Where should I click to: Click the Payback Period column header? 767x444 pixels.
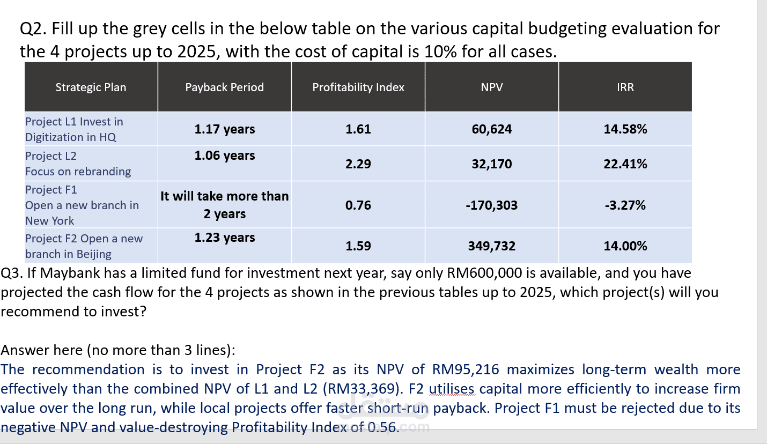click(x=224, y=87)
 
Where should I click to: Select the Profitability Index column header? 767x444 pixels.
click(x=358, y=87)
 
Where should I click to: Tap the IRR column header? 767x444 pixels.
click(x=625, y=87)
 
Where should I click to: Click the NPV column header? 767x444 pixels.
click(x=492, y=87)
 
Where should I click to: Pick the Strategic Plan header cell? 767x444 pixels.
click(x=91, y=87)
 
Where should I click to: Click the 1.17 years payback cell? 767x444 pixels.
click(x=225, y=129)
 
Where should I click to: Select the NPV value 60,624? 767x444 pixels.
click(x=492, y=129)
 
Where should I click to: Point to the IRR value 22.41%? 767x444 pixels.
click(x=625, y=164)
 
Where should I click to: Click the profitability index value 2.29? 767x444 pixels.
click(x=358, y=164)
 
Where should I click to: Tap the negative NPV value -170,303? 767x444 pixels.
click(x=492, y=205)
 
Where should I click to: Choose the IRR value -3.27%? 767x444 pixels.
click(x=625, y=205)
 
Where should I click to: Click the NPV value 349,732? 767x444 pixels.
click(x=492, y=246)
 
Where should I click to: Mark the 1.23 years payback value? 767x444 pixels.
click(x=225, y=238)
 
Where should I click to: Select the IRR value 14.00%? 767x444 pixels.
click(x=625, y=246)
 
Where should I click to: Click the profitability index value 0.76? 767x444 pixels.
click(x=358, y=205)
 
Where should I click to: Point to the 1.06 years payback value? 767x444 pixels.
click(x=225, y=156)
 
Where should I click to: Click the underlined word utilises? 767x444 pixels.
click(x=452, y=389)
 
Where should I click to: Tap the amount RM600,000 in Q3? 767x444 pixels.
click(x=484, y=273)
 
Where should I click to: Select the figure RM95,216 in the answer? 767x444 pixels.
click(x=466, y=369)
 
